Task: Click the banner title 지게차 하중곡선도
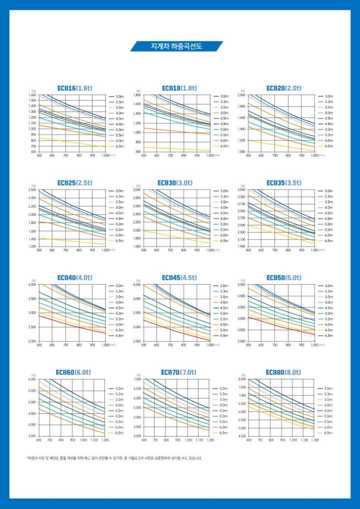tap(176, 46)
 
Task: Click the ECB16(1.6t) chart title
tap(73, 88)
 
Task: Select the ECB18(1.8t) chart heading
tap(180, 88)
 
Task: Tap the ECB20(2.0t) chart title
tap(284, 88)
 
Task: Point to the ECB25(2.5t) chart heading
tap(75, 182)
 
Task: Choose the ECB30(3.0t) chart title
tap(180, 182)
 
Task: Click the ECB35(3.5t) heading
tap(284, 182)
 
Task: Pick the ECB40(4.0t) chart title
tap(74, 277)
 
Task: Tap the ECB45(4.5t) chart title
tap(180, 277)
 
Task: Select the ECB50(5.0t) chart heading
tap(284, 277)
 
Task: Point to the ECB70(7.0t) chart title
tap(179, 372)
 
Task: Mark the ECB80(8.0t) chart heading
tap(283, 372)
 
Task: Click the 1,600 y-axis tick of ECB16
tap(33, 95)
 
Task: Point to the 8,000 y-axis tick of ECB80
tap(242, 379)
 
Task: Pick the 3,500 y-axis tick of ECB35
tap(242, 190)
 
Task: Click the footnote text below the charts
tap(114, 458)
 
